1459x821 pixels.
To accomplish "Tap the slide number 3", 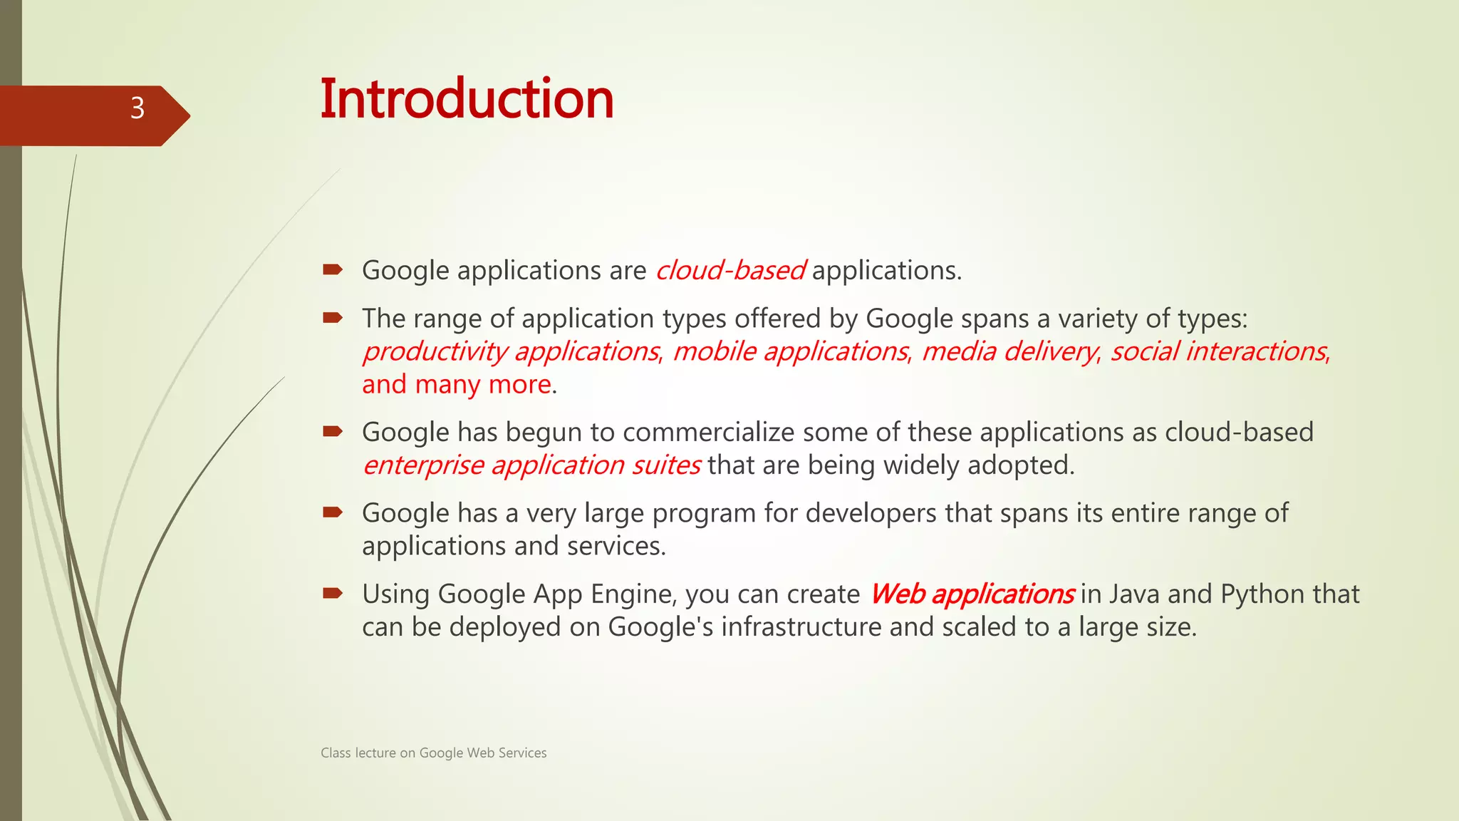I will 137,108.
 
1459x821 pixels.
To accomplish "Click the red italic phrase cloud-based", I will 729,271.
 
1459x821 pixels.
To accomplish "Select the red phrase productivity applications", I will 511,351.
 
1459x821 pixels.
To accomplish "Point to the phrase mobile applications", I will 790,351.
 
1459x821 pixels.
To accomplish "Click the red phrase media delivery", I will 1009,351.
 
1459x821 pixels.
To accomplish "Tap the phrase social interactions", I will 1218,351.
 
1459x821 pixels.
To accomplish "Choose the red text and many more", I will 457,385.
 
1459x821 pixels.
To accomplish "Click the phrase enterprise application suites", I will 531,465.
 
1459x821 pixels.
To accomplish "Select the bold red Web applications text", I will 971,594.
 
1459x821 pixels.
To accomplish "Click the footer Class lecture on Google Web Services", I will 433,753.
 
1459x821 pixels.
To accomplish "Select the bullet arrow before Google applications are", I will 333,269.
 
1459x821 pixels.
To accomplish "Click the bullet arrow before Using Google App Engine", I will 333,593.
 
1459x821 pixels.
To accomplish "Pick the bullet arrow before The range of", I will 333,317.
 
